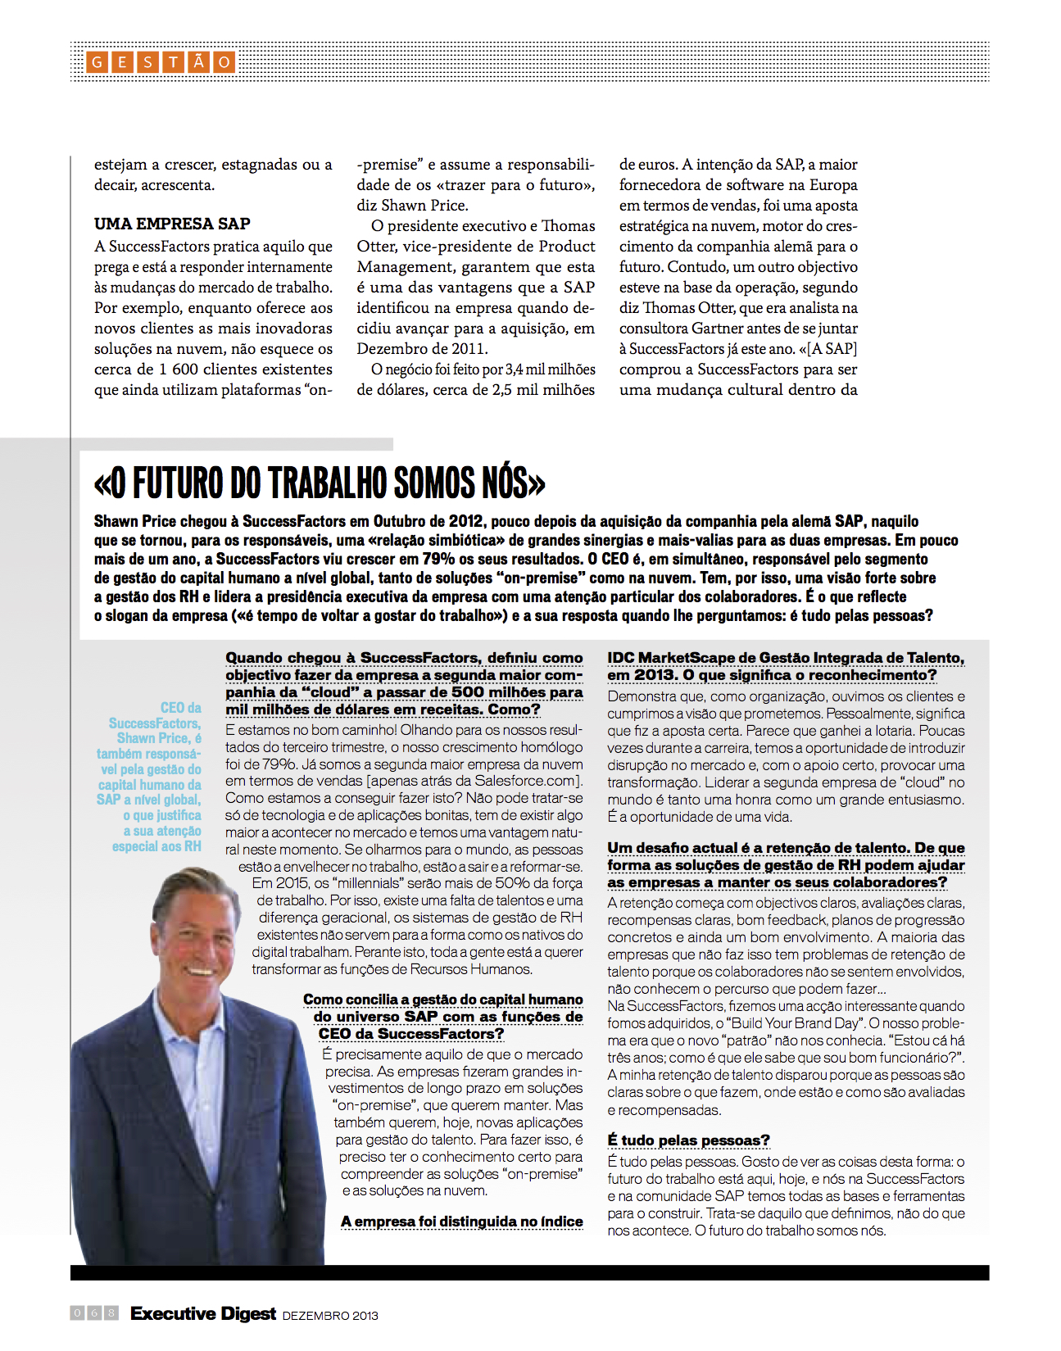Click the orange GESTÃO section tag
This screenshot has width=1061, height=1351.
pyautogui.click(x=161, y=62)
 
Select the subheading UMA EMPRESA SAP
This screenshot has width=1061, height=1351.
pyautogui.click(x=172, y=224)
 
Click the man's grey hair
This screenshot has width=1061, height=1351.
pyautogui.click(x=205, y=889)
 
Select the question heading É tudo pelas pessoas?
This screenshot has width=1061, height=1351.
pyautogui.click(x=688, y=1140)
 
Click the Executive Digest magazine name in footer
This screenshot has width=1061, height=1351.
pyautogui.click(x=203, y=1314)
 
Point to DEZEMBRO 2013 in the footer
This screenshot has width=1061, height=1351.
pyautogui.click(x=330, y=1316)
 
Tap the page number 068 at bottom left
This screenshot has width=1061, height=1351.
pyautogui.click(x=94, y=1313)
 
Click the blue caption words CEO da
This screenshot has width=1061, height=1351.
pyautogui.click(x=180, y=708)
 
